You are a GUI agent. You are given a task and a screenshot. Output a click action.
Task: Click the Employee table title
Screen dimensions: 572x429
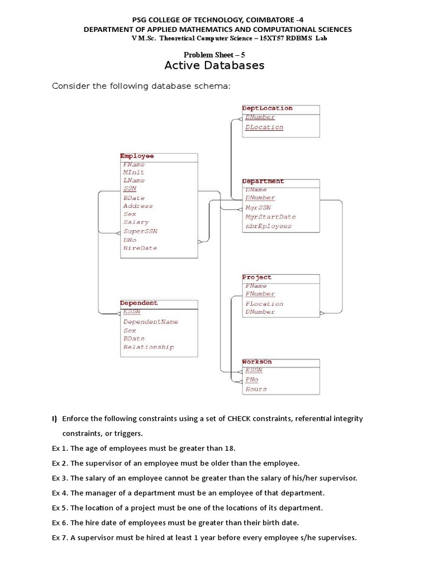click(x=137, y=156)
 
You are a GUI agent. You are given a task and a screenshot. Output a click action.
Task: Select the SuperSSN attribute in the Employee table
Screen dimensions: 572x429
click(x=140, y=231)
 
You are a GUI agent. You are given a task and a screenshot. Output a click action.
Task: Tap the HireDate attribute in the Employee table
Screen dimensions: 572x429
click(x=140, y=247)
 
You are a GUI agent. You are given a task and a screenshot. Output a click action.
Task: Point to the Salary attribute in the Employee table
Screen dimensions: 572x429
click(x=136, y=222)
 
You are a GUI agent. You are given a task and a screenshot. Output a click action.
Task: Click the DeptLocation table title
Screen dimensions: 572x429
click(x=267, y=108)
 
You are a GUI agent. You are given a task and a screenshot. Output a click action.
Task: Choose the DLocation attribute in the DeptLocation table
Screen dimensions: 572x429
click(x=264, y=127)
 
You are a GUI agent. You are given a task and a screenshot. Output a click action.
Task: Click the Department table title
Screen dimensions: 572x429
click(x=263, y=182)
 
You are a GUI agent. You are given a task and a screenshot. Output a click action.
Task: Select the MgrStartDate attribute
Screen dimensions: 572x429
click(x=270, y=217)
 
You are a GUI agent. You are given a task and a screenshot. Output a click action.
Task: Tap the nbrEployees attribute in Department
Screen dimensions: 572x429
click(x=268, y=226)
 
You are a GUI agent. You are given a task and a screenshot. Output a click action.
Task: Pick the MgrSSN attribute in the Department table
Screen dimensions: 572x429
click(x=258, y=207)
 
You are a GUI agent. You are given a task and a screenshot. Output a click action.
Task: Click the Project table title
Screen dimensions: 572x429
click(x=257, y=277)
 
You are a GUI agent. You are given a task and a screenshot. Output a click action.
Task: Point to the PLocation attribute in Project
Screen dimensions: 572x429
click(x=264, y=304)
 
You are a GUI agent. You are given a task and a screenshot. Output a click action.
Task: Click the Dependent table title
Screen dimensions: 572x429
click(x=139, y=303)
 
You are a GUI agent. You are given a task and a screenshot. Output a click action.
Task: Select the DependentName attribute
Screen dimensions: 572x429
click(x=151, y=322)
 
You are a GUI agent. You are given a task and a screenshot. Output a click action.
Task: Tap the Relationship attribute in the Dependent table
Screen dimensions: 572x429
click(x=149, y=347)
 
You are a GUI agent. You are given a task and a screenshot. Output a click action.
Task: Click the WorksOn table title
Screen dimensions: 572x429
click(x=257, y=362)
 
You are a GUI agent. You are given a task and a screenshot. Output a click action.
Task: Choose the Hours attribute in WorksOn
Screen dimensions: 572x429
click(x=256, y=389)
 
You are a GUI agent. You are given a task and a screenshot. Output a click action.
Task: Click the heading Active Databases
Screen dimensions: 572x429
click(x=214, y=66)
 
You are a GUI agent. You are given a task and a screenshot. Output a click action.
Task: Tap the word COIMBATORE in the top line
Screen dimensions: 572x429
click(x=270, y=19)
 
